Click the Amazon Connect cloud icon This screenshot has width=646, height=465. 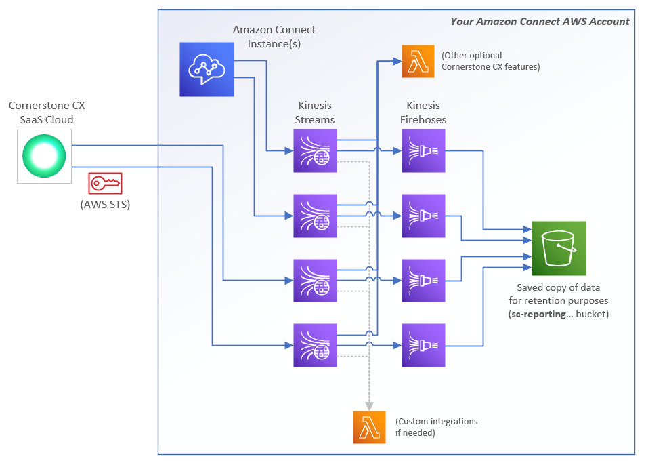[x=207, y=69]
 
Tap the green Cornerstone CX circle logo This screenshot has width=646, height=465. [x=44, y=156]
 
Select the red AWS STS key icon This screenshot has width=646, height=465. [x=106, y=183]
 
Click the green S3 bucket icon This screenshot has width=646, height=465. [x=559, y=248]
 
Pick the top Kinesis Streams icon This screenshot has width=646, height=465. [x=315, y=151]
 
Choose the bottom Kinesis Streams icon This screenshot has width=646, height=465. [x=315, y=346]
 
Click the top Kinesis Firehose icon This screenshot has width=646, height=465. [x=423, y=151]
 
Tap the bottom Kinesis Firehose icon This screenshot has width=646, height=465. [x=423, y=346]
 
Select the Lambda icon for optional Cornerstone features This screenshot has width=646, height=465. [x=418, y=62]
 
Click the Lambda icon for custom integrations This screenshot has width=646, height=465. [x=369, y=427]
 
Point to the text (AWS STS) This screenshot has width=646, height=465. [x=105, y=205]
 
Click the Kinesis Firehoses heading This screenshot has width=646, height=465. [x=423, y=113]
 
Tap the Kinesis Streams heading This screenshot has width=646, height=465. [x=315, y=113]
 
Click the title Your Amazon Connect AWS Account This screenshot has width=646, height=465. [x=540, y=22]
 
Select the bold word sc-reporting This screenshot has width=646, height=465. [x=539, y=314]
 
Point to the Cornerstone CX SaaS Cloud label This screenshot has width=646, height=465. [x=47, y=113]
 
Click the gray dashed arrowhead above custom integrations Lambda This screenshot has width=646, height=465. [x=369, y=406]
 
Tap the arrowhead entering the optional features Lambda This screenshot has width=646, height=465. [x=397, y=62]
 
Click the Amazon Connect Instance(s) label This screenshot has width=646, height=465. [x=274, y=37]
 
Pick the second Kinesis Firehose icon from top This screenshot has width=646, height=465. [x=423, y=216]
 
